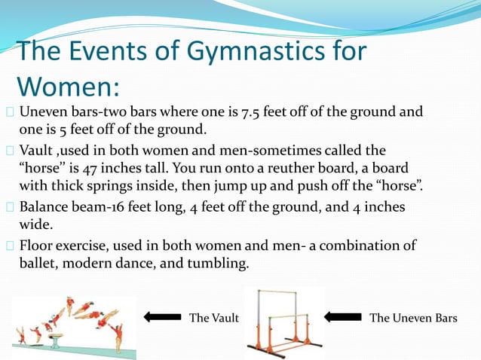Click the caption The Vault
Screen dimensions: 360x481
click(213, 318)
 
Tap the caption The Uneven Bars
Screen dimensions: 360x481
click(413, 318)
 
